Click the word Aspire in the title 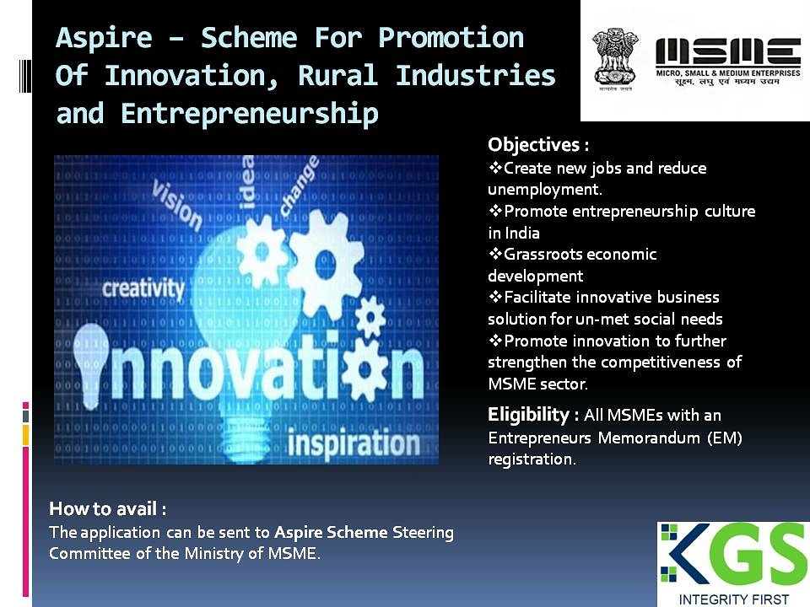point(104,38)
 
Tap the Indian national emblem point(615,58)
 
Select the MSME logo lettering point(728,52)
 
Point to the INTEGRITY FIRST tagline point(733,599)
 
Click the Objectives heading point(538,144)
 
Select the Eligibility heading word point(528,415)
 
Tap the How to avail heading point(107,509)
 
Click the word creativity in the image point(143,288)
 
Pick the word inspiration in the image point(354,443)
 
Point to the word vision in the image point(176,205)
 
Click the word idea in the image point(247,182)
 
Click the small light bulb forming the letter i point(90,365)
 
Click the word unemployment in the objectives point(544,190)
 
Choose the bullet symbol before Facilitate point(495,296)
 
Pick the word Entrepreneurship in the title point(250,114)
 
